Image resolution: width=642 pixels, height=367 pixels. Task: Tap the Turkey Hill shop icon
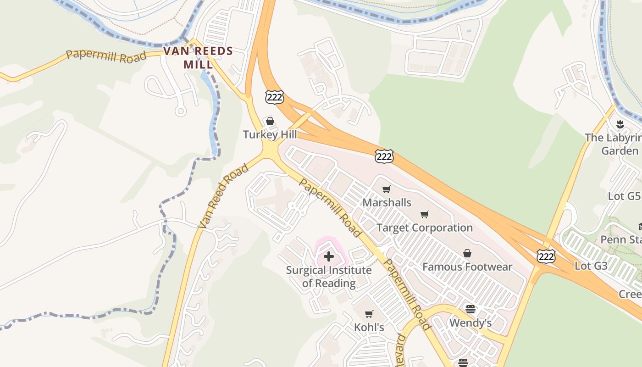[270, 121]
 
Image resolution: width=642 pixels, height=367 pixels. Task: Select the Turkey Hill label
[270, 134]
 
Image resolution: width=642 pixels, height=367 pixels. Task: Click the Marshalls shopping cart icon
[387, 189]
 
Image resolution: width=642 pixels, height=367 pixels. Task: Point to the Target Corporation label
[424, 228]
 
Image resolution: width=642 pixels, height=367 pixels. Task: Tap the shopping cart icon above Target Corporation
[425, 214]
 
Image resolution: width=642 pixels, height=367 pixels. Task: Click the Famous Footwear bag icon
[467, 253]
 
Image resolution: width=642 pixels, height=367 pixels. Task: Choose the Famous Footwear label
[467, 267]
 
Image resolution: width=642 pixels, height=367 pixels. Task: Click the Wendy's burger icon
[470, 309]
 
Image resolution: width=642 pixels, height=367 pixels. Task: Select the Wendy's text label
[470, 323]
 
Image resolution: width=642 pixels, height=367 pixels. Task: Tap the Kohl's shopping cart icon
[369, 314]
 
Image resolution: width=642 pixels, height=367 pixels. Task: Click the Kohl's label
[369, 327]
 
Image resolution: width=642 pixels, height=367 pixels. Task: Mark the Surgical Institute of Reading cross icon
[329, 256]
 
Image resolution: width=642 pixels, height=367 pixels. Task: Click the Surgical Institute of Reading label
[329, 276]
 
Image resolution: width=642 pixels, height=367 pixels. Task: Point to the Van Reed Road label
[223, 196]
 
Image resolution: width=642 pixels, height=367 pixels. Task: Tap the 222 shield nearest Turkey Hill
[274, 97]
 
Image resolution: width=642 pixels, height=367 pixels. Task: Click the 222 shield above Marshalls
[384, 156]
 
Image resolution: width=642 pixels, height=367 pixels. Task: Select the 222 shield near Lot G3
[546, 256]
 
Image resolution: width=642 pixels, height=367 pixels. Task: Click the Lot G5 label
[624, 196]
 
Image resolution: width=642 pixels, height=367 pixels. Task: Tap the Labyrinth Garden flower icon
[620, 124]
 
